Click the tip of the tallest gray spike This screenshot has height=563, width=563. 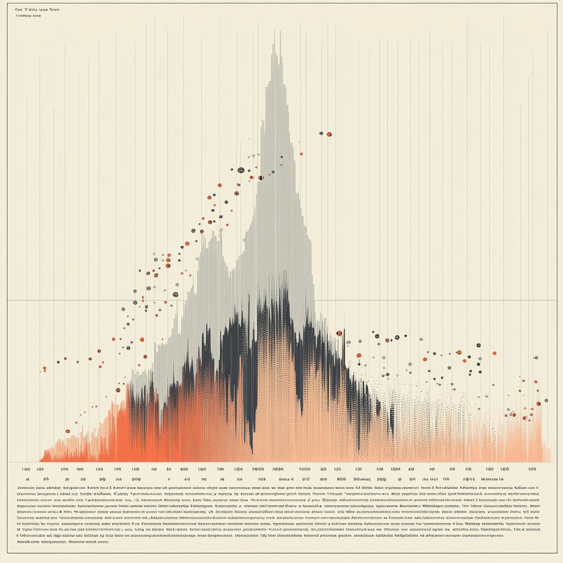(274, 45)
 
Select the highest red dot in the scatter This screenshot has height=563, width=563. (329, 134)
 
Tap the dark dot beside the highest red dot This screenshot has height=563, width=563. (321, 133)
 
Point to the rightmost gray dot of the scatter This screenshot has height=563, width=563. (545, 401)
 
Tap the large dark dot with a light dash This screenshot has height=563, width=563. (240, 170)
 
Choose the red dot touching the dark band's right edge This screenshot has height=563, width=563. (339, 333)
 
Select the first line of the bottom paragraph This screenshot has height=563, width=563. (275, 488)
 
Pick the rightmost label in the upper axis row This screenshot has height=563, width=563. (532, 470)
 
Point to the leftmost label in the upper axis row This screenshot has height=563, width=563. (26, 470)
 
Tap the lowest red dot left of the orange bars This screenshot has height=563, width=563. (68, 431)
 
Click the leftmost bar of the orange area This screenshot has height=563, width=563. (41, 459)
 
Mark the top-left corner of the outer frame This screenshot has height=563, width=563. (8, 3)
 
